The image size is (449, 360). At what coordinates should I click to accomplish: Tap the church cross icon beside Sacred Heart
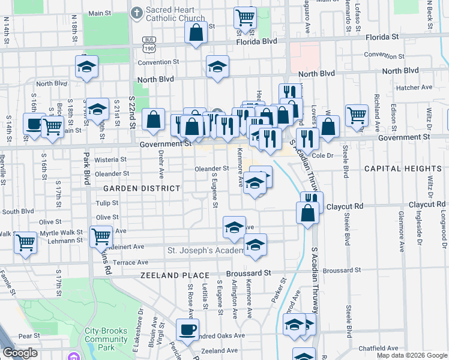click(136, 12)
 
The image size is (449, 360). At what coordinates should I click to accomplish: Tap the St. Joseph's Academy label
click(204, 250)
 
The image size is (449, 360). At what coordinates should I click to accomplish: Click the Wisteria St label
click(112, 160)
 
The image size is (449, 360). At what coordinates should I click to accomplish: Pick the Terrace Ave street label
click(130, 262)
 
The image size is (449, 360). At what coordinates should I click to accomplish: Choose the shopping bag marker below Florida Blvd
click(196, 34)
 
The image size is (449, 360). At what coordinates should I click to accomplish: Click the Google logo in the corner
click(20, 353)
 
